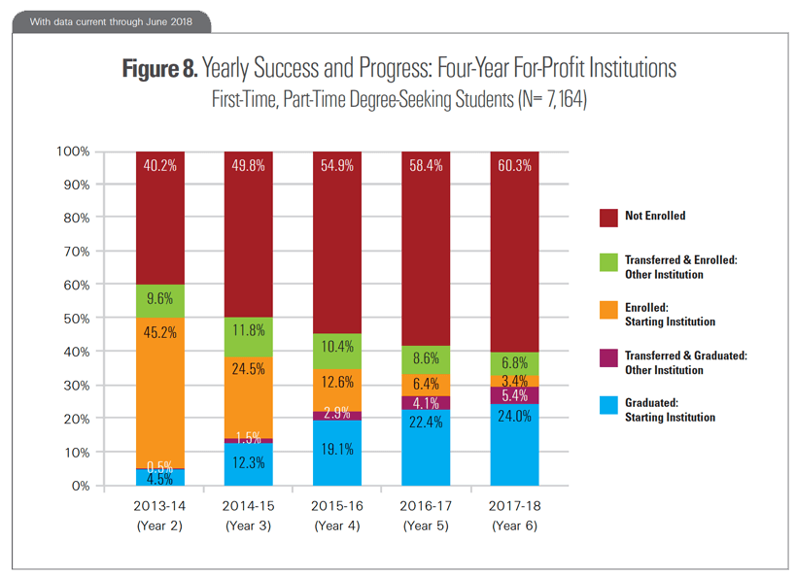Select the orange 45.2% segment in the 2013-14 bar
click(160, 389)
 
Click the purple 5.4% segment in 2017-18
click(514, 395)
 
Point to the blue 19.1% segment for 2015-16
click(337, 453)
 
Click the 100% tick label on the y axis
click(73, 152)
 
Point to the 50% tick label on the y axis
click(76, 319)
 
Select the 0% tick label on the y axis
click(79, 486)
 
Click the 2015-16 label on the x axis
click(337, 506)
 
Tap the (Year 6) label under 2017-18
click(514, 525)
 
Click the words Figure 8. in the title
click(159, 69)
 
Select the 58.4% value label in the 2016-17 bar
click(426, 166)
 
